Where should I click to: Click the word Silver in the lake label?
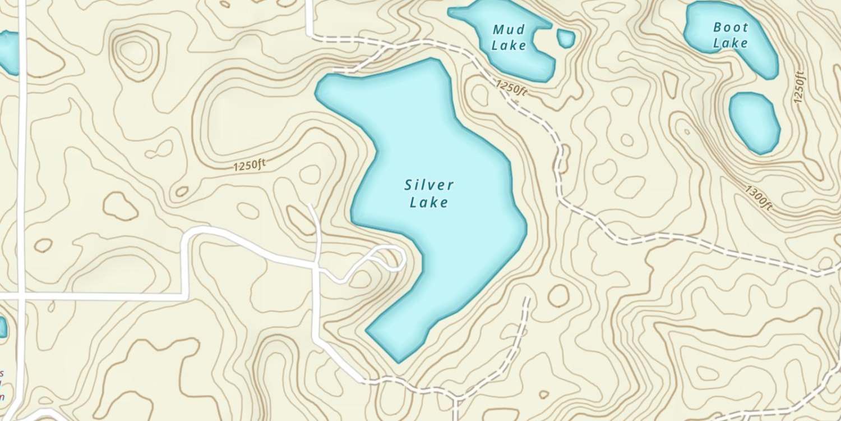pyautogui.click(x=429, y=185)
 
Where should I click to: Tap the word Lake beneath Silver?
pyautogui.click(x=429, y=202)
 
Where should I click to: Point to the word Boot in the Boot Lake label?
pyautogui.click(x=731, y=27)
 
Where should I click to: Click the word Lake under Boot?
pyautogui.click(x=731, y=43)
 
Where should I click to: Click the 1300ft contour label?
pyautogui.click(x=760, y=198)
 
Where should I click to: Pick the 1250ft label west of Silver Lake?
pyautogui.click(x=249, y=166)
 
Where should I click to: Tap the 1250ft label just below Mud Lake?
pyautogui.click(x=511, y=88)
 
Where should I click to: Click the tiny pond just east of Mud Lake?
pyautogui.click(x=566, y=38)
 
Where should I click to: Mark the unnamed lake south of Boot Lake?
pyautogui.click(x=754, y=122)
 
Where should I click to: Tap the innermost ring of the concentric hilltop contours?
pyautogui.click(x=134, y=51)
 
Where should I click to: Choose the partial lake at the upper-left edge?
pyautogui.click(x=8, y=52)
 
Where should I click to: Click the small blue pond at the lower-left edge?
pyautogui.click(x=2, y=327)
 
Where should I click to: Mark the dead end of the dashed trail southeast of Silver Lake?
pyautogui.click(x=527, y=298)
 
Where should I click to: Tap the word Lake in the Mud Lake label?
pyautogui.click(x=509, y=45)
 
